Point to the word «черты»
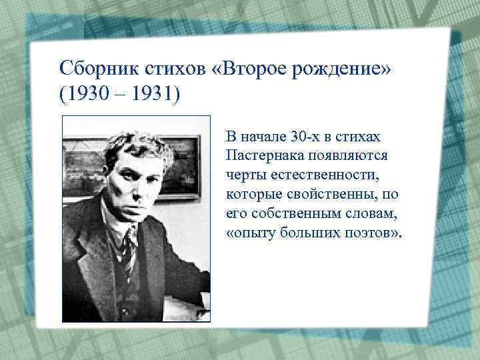(245, 175)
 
